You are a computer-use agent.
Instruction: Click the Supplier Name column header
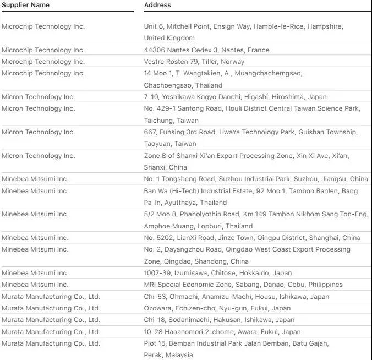point(25,5)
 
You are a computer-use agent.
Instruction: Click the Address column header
point(157,5)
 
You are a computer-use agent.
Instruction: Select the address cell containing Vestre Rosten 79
point(194,62)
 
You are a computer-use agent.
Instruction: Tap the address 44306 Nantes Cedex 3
point(206,50)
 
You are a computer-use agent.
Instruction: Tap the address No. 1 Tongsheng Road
point(256,179)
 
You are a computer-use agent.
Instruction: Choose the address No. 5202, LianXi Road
point(252,238)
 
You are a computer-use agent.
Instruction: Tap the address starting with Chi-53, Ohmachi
point(237,297)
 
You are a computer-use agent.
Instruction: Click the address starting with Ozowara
point(217,308)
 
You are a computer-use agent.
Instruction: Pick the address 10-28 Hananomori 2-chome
point(222,332)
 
